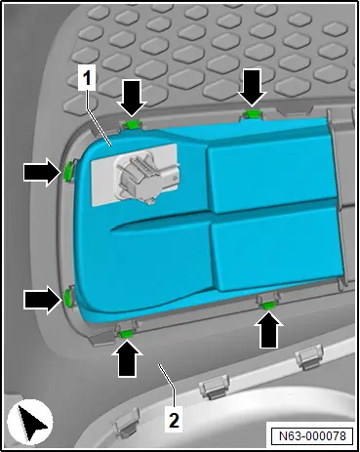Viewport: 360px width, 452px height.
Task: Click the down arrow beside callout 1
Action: [x=132, y=98]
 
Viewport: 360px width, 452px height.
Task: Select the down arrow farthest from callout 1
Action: [x=252, y=88]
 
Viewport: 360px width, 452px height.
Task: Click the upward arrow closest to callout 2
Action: [x=127, y=358]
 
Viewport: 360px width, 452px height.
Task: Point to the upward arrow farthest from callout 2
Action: [x=267, y=329]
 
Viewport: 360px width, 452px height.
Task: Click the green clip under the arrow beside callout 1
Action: [x=133, y=123]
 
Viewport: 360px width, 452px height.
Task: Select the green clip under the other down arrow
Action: [x=252, y=113]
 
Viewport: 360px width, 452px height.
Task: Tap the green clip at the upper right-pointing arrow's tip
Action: [x=67, y=171]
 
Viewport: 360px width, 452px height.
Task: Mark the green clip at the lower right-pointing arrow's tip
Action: [x=67, y=299]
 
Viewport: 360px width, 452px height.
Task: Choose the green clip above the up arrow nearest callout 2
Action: [x=127, y=333]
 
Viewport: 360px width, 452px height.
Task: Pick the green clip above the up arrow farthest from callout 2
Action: [x=269, y=306]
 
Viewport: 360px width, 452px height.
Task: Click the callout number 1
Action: [x=87, y=78]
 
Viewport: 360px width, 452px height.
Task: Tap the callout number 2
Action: [x=175, y=421]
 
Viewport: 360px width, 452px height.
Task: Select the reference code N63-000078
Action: [x=312, y=435]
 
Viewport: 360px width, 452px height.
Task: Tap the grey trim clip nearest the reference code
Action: [x=308, y=358]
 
